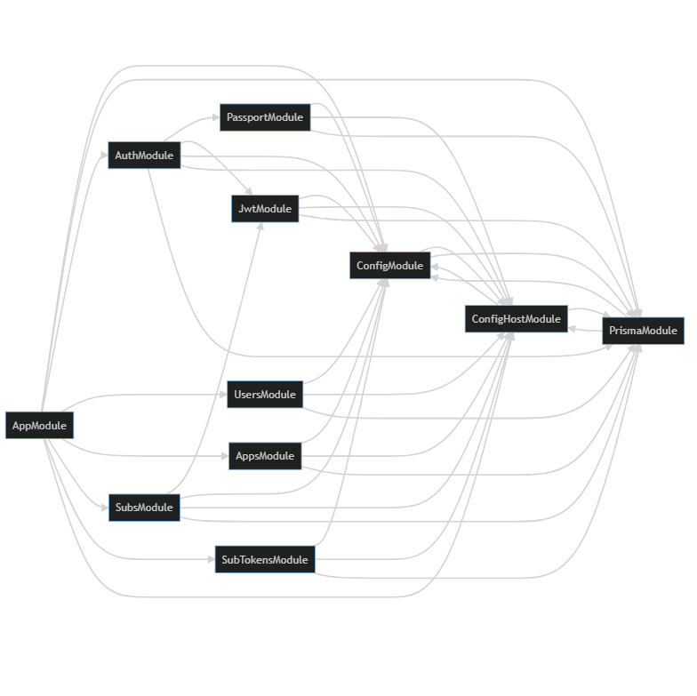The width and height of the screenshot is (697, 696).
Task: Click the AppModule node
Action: (38, 425)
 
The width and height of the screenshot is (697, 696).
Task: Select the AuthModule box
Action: (144, 156)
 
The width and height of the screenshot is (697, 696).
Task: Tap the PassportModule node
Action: (265, 117)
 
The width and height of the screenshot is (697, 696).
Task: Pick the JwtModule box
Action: (265, 209)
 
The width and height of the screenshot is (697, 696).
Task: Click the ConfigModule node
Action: (389, 265)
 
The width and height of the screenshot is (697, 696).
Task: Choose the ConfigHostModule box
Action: (516, 319)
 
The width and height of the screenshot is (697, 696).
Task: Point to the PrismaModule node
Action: (644, 331)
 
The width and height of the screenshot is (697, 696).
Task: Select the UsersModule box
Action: (265, 395)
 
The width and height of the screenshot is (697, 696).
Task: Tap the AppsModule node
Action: (265, 456)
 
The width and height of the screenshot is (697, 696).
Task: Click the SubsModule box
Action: (144, 508)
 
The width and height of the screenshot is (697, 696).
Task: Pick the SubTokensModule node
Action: (264, 559)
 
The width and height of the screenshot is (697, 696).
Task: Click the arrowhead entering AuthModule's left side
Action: (103, 156)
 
